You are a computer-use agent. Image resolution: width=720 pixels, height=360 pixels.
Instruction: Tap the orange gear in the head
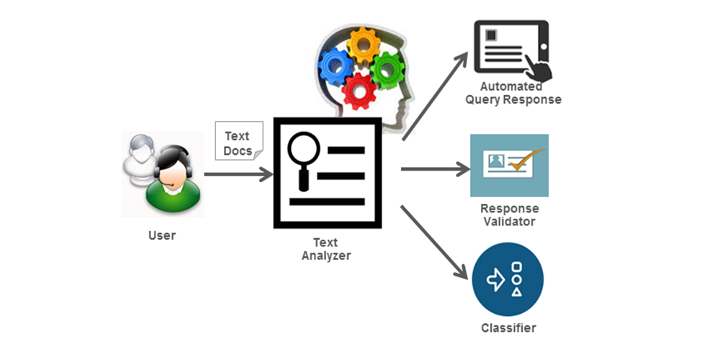[x=364, y=45]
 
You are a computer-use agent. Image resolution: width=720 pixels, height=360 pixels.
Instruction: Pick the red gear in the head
[x=360, y=91]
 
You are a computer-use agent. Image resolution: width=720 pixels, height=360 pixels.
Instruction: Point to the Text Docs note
[x=238, y=141]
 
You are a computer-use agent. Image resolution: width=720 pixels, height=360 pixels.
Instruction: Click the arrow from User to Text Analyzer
[x=238, y=174]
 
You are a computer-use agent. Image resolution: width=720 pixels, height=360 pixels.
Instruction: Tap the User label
[x=161, y=235]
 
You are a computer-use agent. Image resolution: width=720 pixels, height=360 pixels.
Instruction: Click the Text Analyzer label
[x=325, y=249]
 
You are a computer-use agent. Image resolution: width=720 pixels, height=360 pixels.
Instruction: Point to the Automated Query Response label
[x=511, y=93]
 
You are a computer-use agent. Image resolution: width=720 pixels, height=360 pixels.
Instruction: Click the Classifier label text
[x=508, y=328]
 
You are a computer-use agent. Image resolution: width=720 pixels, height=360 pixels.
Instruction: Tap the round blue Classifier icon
[x=508, y=279]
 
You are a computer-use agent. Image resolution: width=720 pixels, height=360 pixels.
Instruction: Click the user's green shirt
[x=172, y=196]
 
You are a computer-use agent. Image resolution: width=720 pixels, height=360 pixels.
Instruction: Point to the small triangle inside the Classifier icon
[x=516, y=292]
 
